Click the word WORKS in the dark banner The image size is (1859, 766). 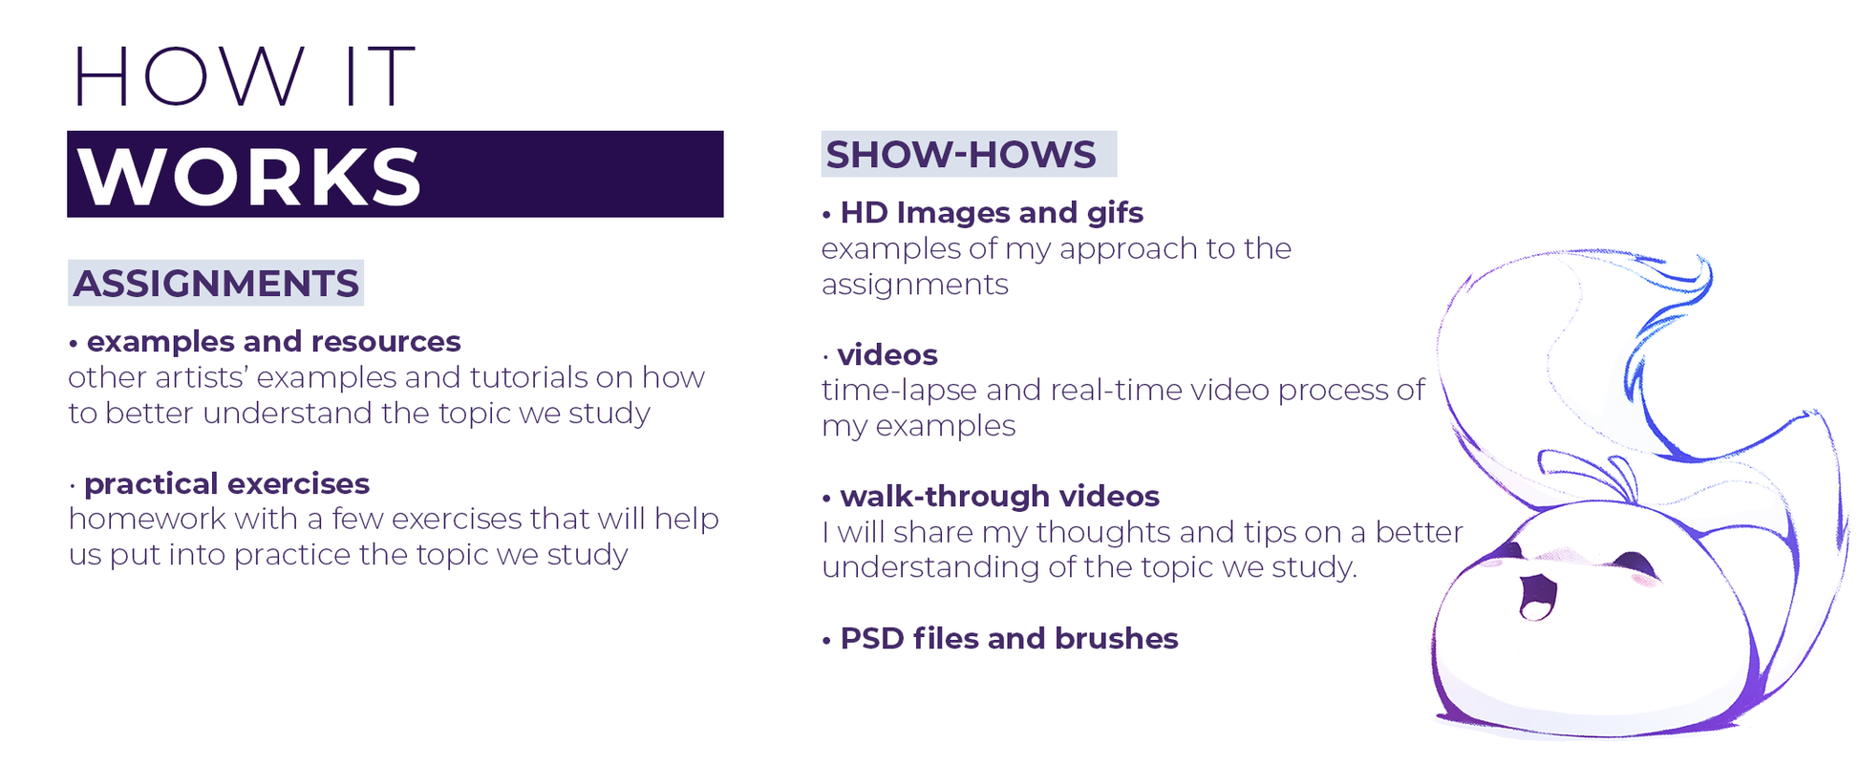click(249, 177)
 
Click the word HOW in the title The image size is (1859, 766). click(188, 75)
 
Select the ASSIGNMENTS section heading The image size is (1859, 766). click(216, 284)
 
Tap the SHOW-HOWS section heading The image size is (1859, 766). click(961, 155)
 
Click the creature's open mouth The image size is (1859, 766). click(1537, 595)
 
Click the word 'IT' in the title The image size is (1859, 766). click(379, 75)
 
